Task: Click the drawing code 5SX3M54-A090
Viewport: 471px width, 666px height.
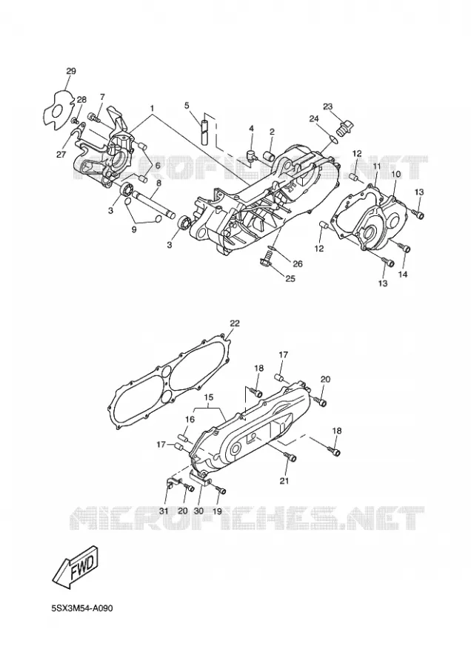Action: click(x=82, y=608)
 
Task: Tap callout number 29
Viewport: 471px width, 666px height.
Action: click(x=71, y=71)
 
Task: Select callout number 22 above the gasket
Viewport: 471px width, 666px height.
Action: click(x=234, y=323)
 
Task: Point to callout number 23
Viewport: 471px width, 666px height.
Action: click(x=327, y=107)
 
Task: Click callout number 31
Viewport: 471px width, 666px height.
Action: click(x=164, y=511)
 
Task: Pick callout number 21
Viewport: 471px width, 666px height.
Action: click(x=284, y=481)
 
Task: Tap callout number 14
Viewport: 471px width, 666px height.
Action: click(x=403, y=275)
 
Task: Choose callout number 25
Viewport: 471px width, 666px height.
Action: click(x=290, y=279)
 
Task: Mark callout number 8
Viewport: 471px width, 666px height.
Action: click(x=159, y=183)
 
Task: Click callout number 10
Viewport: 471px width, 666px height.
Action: click(x=395, y=174)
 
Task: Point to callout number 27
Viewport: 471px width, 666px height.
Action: click(x=61, y=155)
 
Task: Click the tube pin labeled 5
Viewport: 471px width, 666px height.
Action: click(x=204, y=128)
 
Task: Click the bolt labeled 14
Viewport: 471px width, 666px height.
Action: click(x=403, y=247)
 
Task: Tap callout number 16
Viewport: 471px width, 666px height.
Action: click(x=190, y=420)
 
